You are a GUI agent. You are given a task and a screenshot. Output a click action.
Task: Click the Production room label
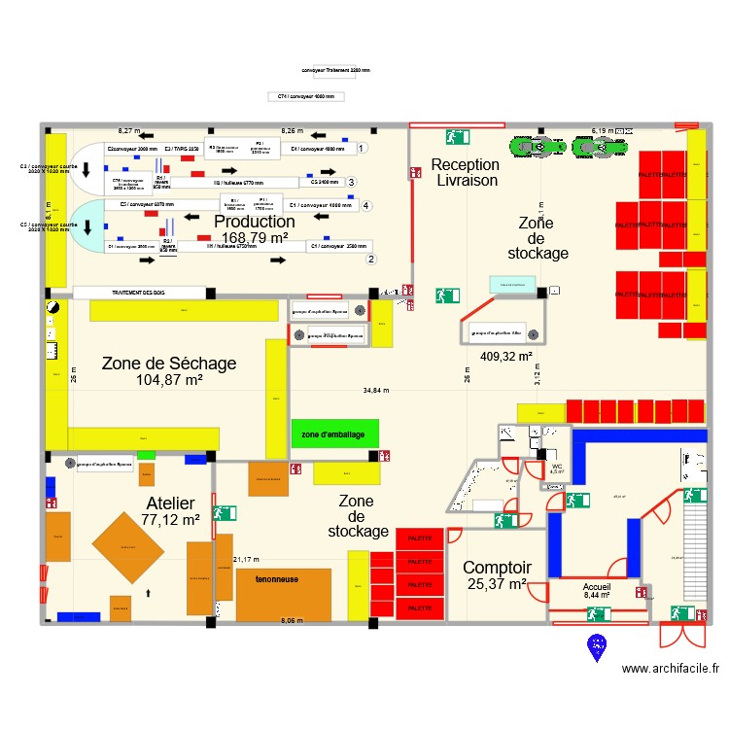point(255,223)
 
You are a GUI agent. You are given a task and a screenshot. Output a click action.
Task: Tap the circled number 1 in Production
point(362,148)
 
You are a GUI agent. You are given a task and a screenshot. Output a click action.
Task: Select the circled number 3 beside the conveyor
point(351,182)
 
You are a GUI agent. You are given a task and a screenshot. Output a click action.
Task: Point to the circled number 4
point(365,206)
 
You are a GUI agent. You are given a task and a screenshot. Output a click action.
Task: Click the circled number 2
point(370,259)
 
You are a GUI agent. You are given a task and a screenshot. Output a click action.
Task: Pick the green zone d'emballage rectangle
point(334,434)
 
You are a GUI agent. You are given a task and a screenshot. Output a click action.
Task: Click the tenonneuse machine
point(283,593)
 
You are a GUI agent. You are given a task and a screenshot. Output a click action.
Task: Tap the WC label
point(557,467)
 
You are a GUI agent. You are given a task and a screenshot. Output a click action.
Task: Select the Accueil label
point(597,588)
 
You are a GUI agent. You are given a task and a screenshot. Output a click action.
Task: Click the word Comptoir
point(497,568)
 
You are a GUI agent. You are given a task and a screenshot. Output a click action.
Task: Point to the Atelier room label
point(170,503)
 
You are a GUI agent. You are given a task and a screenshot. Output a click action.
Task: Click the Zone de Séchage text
point(169,364)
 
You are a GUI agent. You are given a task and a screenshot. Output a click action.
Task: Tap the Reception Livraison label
point(467,172)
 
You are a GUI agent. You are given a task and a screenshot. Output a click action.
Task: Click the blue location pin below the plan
point(596,645)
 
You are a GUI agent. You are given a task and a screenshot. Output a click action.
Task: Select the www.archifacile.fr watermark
point(671,669)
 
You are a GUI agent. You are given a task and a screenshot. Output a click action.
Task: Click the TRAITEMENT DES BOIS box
point(139,293)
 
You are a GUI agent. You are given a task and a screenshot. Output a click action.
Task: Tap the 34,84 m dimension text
point(376,391)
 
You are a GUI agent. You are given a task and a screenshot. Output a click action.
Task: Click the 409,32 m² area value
point(506,356)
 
